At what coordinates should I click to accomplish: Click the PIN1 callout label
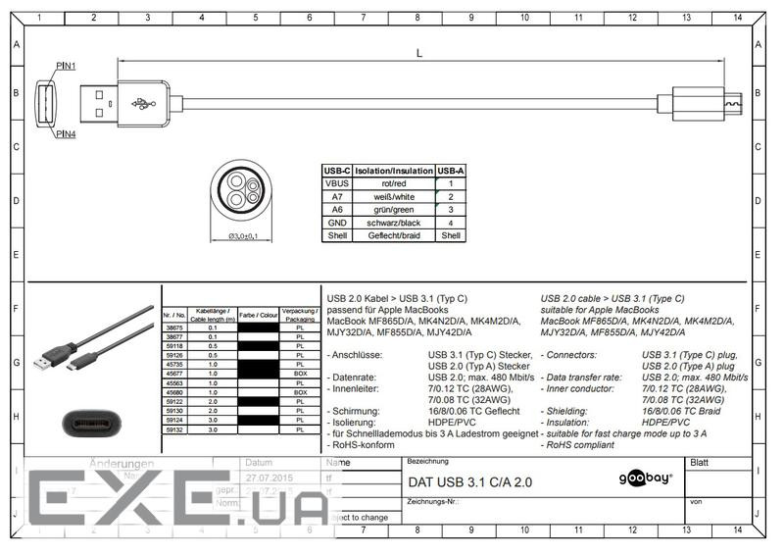point(67,65)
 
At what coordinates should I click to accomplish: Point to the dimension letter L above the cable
point(419,53)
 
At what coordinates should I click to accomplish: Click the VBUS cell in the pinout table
point(337,183)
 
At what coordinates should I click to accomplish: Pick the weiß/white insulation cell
point(394,196)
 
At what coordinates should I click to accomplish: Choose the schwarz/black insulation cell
point(394,223)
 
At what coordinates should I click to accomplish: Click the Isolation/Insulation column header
point(394,171)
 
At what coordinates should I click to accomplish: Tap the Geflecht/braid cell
point(394,235)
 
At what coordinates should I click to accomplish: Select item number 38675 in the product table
point(172,328)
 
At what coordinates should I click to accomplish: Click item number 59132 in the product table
point(172,429)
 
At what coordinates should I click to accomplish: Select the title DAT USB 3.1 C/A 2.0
point(470,482)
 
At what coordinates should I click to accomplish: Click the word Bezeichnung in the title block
point(427,461)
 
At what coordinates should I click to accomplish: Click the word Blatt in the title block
point(701,462)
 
